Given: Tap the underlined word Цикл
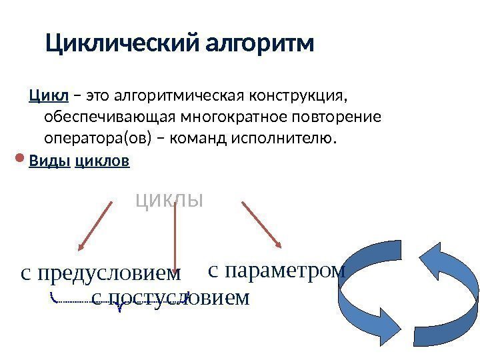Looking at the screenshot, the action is tap(49, 97).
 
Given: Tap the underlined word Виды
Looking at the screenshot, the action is tap(49, 161).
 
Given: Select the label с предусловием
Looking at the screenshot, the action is tap(101, 273).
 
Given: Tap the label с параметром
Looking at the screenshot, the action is tap(277, 270).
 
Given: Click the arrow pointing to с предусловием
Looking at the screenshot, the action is tap(95, 225).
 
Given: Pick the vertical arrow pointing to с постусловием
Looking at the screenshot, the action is tap(175, 233).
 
